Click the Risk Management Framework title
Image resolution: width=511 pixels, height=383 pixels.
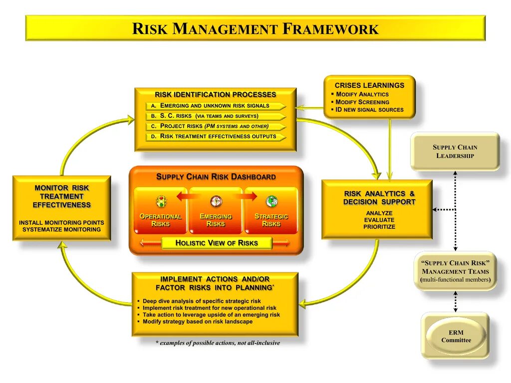click(x=255, y=28)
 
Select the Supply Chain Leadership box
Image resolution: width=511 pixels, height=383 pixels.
click(x=455, y=151)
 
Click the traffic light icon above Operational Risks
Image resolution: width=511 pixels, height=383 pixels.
click(x=161, y=201)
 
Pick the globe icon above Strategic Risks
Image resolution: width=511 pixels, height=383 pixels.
click(x=271, y=201)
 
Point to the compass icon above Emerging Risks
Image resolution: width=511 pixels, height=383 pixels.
click(x=216, y=201)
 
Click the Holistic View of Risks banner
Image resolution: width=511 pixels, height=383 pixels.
click(x=217, y=243)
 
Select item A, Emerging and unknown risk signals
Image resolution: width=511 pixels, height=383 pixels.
click(x=216, y=106)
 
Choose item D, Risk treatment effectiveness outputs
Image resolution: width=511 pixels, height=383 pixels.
click(x=216, y=136)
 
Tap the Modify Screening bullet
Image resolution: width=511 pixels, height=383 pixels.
click(x=362, y=102)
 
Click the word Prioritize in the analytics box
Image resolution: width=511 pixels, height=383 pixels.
click(x=379, y=227)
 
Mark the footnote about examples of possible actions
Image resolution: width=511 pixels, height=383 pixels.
click(x=218, y=343)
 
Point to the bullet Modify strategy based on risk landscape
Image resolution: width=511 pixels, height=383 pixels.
click(x=197, y=322)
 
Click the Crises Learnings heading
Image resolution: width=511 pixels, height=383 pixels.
click(x=369, y=85)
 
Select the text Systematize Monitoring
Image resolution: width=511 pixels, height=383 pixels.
click(x=61, y=229)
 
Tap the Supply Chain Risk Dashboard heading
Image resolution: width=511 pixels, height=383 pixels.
click(x=216, y=177)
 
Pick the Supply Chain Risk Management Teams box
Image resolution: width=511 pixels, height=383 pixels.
click(x=455, y=271)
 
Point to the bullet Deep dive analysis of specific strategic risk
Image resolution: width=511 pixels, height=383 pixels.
click(x=202, y=301)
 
